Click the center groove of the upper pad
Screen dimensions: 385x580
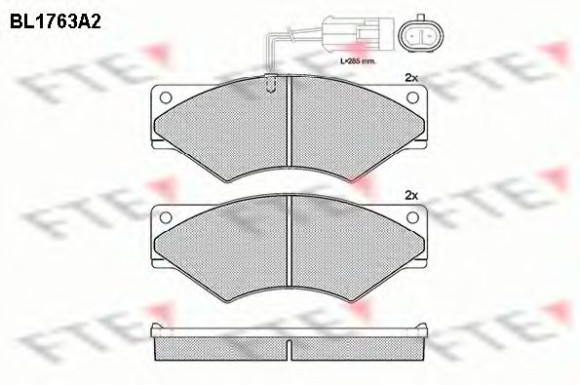point(291,127)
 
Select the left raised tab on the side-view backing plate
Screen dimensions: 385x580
point(156,327)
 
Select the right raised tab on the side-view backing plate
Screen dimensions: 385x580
point(427,327)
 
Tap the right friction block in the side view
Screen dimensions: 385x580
point(361,344)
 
